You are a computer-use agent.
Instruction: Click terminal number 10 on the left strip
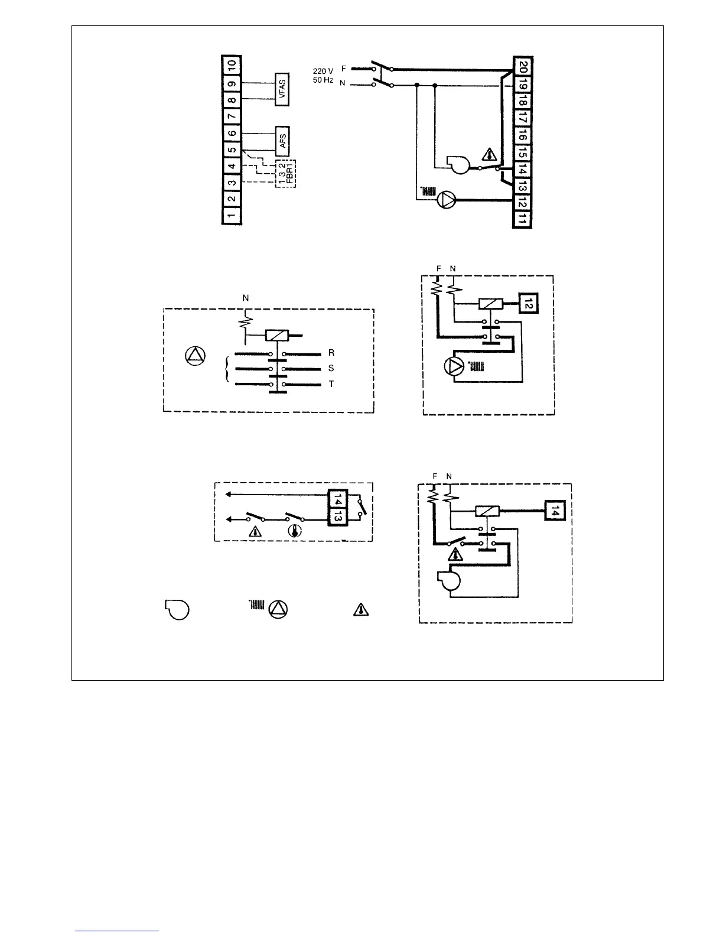tap(232, 64)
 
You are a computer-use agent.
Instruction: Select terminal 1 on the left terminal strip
tap(232, 214)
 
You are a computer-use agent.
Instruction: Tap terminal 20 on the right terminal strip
tap(523, 66)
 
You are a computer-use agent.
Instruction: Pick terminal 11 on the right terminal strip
tap(523, 220)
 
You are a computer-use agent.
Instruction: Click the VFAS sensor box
tap(282, 90)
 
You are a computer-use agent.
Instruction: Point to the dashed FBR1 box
tap(286, 174)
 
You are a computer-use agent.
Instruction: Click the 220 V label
tap(323, 71)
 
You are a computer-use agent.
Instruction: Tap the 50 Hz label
tap(323, 80)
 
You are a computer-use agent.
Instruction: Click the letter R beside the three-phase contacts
tap(331, 353)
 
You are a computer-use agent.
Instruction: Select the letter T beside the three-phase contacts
tap(331, 384)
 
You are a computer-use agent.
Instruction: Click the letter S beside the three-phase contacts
tap(331, 368)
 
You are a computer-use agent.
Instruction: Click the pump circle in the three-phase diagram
tap(196, 356)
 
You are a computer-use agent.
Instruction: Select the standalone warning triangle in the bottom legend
tap(361, 610)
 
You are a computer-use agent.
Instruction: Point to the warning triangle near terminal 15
tap(490, 155)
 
